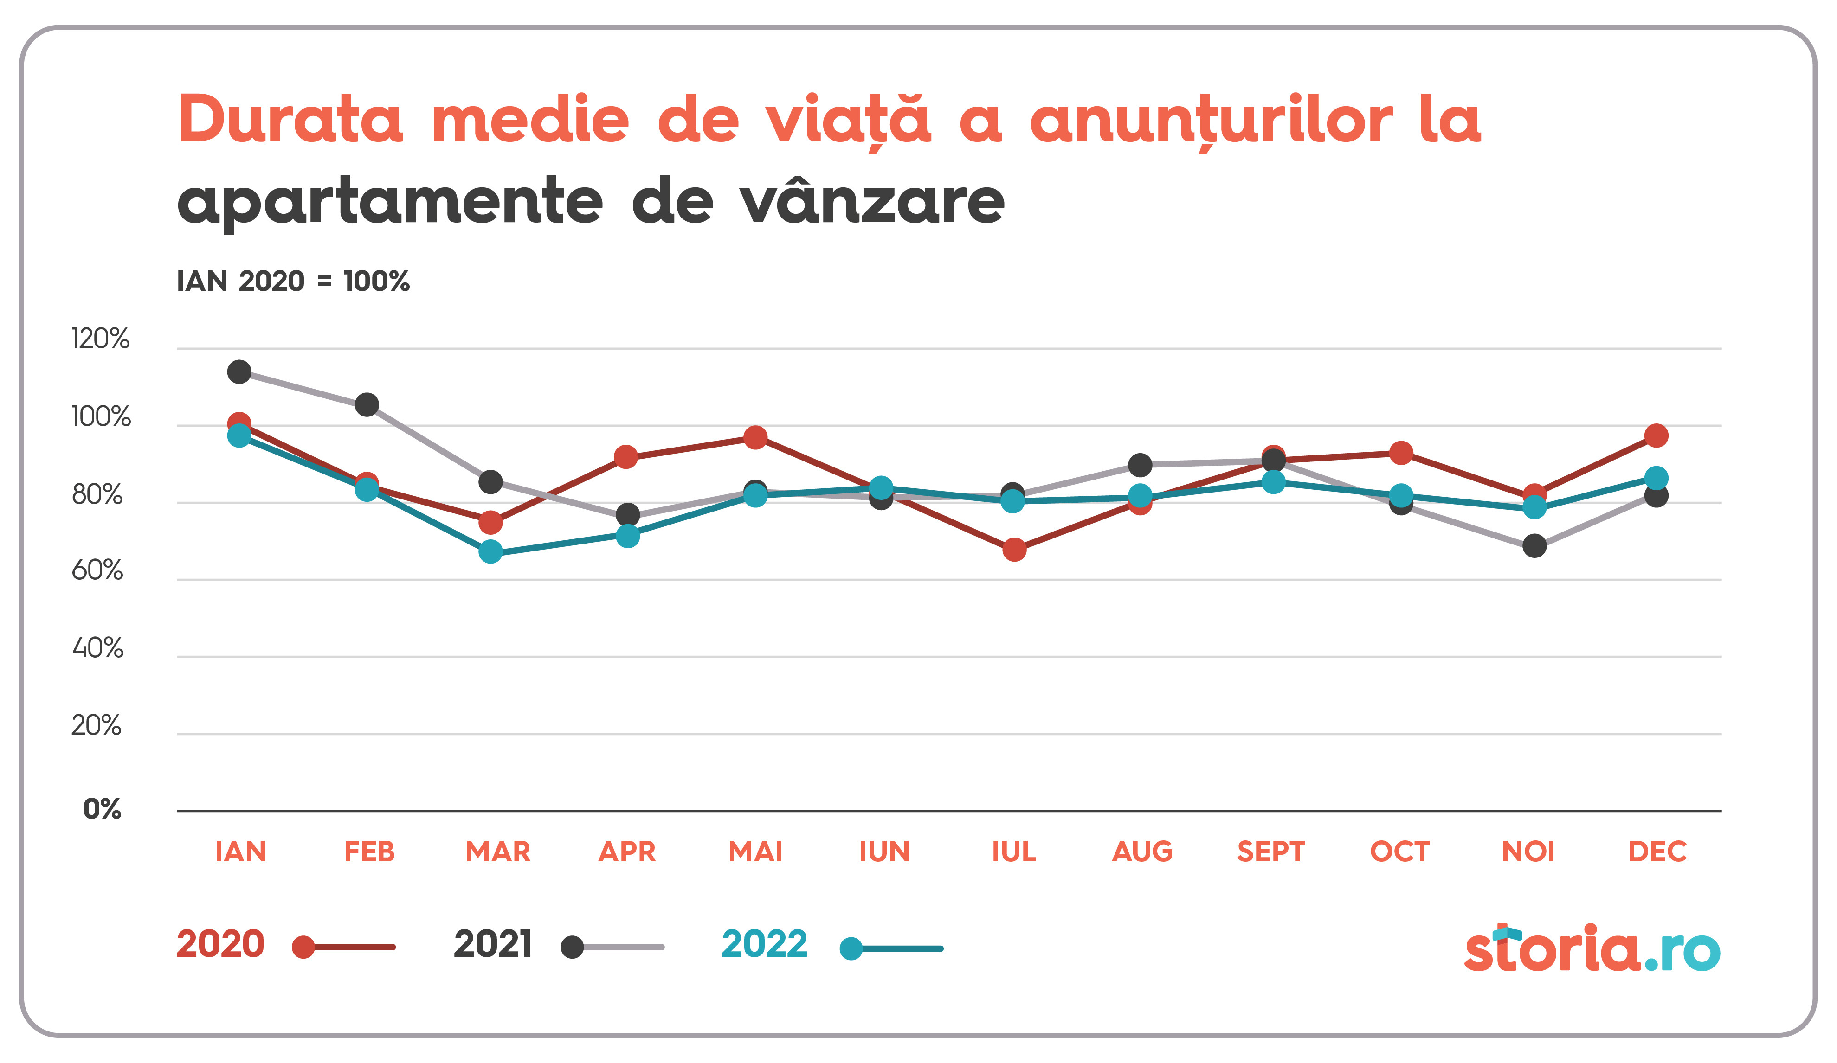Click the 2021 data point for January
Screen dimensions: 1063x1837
click(x=239, y=371)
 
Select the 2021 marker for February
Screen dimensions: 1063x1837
click(x=367, y=404)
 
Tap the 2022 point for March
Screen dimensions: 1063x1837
click(x=490, y=551)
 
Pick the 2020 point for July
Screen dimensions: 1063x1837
click(x=1014, y=549)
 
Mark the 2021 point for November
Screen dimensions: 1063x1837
click(x=1534, y=545)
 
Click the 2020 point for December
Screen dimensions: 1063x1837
click(x=1656, y=435)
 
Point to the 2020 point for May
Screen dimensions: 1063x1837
click(x=755, y=437)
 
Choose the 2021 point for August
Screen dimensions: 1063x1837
click(x=1140, y=465)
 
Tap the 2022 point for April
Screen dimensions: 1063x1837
click(x=628, y=536)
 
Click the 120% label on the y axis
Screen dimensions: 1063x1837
click(x=101, y=339)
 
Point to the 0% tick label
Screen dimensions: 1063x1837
click(x=102, y=809)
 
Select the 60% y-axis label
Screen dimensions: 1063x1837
click(x=98, y=570)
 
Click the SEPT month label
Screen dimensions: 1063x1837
click(x=1270, y=851)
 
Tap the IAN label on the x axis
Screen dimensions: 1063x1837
click(x=240, y=851)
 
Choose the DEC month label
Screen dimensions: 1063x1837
click(x=1657, y=851)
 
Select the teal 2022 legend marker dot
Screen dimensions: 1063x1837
click(x=851, y=948)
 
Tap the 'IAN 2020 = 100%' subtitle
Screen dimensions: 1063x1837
click(x=293, y=281)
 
